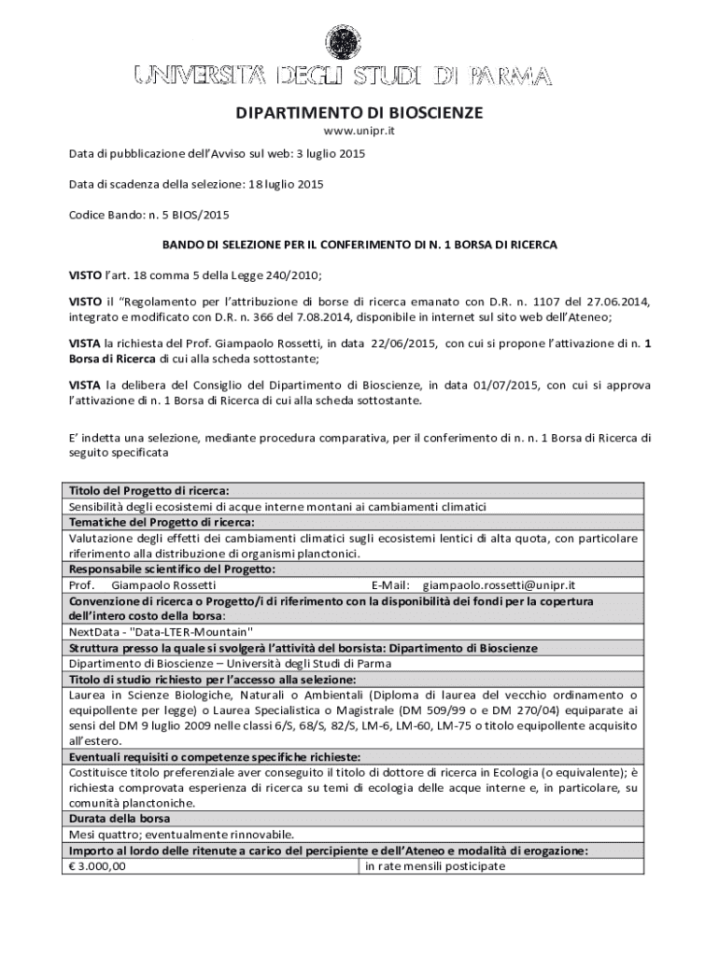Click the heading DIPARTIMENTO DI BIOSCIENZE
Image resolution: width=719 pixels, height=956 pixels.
(x=359, y=113)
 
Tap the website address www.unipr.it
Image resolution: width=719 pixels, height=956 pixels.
(x=359, y=132)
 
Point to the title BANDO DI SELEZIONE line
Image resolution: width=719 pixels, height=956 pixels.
(x=359, y=245)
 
